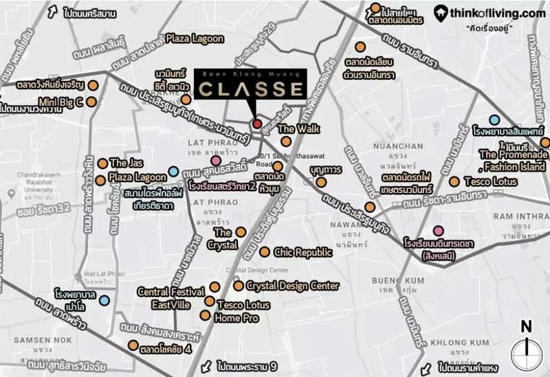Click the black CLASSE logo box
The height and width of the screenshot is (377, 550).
[x=250, y=87]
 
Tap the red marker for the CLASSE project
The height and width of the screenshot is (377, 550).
[x=257, y=124]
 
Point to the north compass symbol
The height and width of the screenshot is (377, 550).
[x=526, y=348]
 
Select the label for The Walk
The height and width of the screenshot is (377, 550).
[x=296, y=129]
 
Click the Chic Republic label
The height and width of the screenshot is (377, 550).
[x=303, y=253]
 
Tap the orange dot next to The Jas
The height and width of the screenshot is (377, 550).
[x=102, y=163]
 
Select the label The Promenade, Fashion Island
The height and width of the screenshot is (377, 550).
[x=514, y=160]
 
